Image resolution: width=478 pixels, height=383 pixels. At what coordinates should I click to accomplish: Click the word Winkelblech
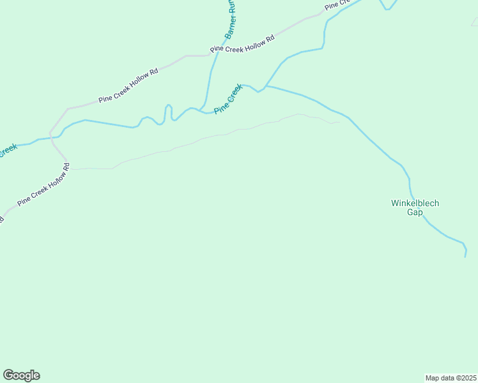coord(415,204)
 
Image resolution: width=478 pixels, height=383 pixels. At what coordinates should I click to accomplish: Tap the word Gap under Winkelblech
coord(415,213)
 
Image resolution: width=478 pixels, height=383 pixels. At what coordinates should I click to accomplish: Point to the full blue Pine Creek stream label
coord(229,98)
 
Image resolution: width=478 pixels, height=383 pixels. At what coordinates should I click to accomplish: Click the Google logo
coord(21,375)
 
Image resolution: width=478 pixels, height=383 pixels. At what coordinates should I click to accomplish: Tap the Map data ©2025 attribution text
coord(451,377)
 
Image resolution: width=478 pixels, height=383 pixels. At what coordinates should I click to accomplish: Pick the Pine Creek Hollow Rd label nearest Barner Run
coord(242,43)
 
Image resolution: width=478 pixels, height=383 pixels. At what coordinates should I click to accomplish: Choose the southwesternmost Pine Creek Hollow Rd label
coord(43,190)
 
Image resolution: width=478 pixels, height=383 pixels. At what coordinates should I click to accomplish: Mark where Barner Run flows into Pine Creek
coord(201,109)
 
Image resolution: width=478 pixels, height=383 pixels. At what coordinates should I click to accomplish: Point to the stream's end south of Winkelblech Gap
coord(465,257)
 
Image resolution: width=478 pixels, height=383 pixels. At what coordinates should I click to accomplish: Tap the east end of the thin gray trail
coord(339,123)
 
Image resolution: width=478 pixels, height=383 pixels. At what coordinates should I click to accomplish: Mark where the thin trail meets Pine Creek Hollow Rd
coord(68,169)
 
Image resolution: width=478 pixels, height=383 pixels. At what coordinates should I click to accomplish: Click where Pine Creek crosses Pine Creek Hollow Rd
coord(51,137)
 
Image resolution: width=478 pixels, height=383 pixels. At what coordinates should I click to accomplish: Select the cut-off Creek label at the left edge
coord(8,151)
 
